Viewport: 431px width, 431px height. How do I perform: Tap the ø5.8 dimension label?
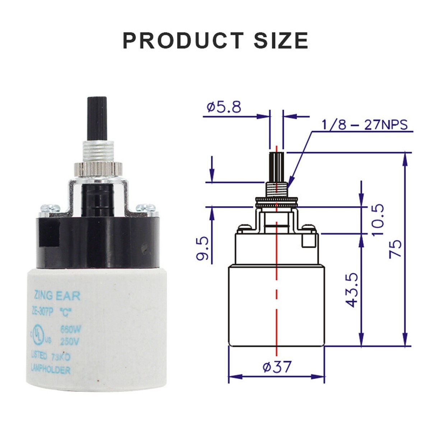pyautogui.click(x=224, y=107)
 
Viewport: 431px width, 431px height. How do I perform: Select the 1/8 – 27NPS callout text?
pyautogui.click(x=365, y=125)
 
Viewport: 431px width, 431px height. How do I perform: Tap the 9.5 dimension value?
pyautogui.click(x=203, y=248)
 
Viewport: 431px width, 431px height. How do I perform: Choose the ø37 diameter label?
pyautogui.click(x=277, y=367)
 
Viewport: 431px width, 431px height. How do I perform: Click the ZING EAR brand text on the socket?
pyautogui.click(x=56, y=296)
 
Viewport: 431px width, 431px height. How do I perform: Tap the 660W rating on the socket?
pyautogui.click(x=70, y=329)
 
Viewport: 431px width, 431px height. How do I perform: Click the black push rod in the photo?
pyautogui.click(x=96, y=119)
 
